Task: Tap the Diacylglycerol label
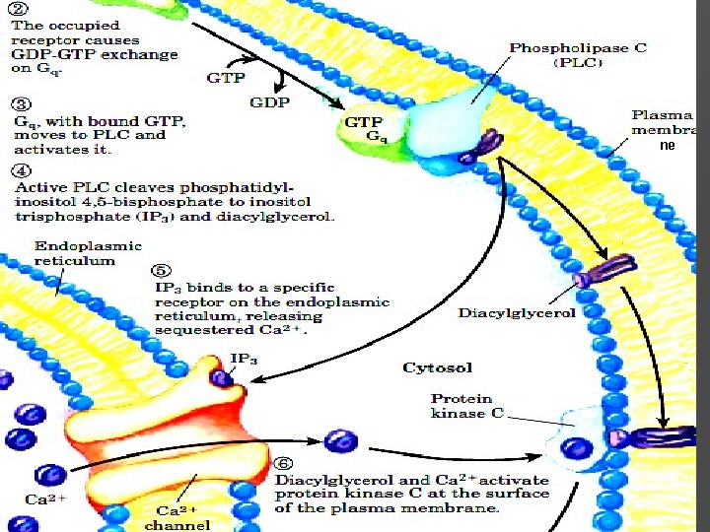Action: [x=518, y=313]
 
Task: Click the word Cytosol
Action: [x=437, y=367]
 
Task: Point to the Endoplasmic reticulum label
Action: [x=75, y=253]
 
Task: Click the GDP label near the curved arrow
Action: [x=269, y=101]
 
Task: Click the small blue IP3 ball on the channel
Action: [x=222, y=377]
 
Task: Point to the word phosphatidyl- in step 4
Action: [x=276, y=185]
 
